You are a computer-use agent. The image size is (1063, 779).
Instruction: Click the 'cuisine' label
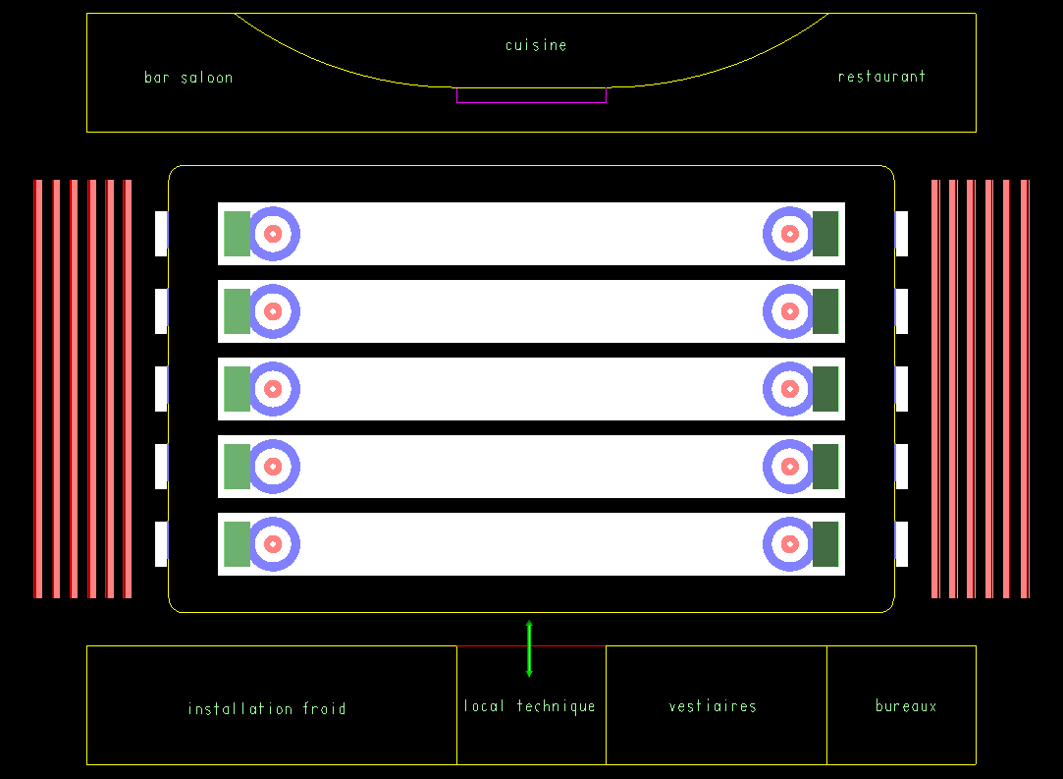[x=536, y=45]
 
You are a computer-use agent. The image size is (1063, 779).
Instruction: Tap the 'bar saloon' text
[x=188, y=78]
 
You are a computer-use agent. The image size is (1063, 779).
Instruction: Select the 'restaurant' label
[x=881, y=76]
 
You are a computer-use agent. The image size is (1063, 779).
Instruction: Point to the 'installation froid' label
[x=266, y=708]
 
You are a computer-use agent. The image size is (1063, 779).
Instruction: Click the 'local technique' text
[x=529, y=706]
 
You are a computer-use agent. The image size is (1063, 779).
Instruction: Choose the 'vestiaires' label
[x=713, y=706]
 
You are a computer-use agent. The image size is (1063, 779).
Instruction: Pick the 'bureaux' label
[x=906, y=705]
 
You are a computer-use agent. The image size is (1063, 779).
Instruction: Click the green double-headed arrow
[x=529, y=648]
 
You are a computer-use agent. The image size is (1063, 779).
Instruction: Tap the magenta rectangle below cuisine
[x=532, y=95]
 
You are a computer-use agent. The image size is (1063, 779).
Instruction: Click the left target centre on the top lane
[x=273, y=234]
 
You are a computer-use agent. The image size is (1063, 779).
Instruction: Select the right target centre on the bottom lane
[x=790, y=544]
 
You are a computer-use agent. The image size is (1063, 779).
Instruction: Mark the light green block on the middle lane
[x=237, y=389]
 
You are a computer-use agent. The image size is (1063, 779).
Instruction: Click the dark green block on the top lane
[x=825, y=234]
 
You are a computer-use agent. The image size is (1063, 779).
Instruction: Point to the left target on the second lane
[x=273, y=311]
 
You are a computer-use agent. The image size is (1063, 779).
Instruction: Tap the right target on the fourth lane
[x=790, y=467]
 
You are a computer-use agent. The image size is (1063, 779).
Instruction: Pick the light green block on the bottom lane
[x=237, y=544]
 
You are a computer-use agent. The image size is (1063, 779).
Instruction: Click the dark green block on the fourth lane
[x=825, y=467]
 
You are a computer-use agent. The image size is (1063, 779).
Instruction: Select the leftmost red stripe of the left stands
[x=38, y=389]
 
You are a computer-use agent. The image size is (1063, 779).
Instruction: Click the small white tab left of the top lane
[x=161, y=234]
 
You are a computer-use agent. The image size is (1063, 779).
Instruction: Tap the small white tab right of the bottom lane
[x=902, y=544]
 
